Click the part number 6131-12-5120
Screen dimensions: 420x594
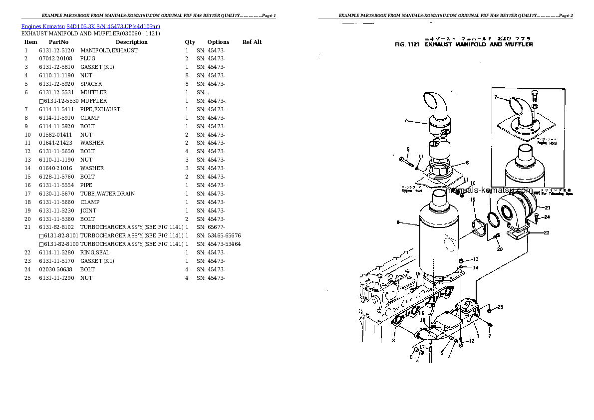coord(56,50)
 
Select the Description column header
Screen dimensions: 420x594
coord(131,42)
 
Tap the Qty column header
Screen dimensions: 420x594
coord(190,42)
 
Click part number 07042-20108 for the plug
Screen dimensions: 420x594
coord(55,59)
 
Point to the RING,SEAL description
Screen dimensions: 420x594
coord(95,252)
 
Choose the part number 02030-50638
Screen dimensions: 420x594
coord(55,269)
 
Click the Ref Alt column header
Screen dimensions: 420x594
coord(252,42)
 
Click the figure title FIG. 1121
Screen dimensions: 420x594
coord(408,44)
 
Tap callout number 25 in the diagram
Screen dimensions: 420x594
coord(501,307)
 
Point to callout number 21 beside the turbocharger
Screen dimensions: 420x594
coord(547,208)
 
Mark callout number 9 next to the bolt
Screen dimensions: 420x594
coord(408,149)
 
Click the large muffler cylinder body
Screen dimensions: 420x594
coord(439,239)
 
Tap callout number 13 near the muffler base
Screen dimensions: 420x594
coord(476,259)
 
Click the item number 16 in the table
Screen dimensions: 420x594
coord(28,185)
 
